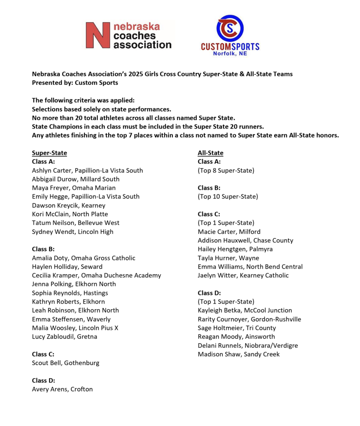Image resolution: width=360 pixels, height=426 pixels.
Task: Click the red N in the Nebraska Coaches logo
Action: (98, 35)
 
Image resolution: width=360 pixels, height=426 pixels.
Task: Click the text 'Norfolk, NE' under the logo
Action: (230, 53)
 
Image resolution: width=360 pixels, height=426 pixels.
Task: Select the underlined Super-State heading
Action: (49, 153)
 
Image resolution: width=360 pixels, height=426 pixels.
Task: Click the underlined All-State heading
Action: (210, 153)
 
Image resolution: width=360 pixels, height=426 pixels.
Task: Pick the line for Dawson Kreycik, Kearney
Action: (69, 205)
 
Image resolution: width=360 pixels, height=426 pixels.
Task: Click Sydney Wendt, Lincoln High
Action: (72, 232)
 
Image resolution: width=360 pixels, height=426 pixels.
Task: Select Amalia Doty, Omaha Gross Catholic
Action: (83, 258)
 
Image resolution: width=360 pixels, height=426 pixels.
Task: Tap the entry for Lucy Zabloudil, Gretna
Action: (65, 337)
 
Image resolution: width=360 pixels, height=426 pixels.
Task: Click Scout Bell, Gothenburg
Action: (65, 363)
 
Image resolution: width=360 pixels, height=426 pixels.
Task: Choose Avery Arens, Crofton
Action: (62, 389)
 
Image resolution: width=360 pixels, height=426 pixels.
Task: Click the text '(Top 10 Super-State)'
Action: (228, 196)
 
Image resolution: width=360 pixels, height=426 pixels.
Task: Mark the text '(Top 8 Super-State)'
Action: (226, 170)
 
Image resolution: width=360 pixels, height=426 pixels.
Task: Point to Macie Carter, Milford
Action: (229, 232)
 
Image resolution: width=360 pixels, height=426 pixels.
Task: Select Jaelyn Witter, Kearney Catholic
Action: (243, 275)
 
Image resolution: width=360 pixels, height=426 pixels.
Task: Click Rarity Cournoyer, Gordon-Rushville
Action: (249, 319)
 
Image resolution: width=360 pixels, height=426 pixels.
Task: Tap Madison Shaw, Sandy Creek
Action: (238, 354)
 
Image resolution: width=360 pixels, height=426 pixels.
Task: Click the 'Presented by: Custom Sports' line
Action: (75, 83)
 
